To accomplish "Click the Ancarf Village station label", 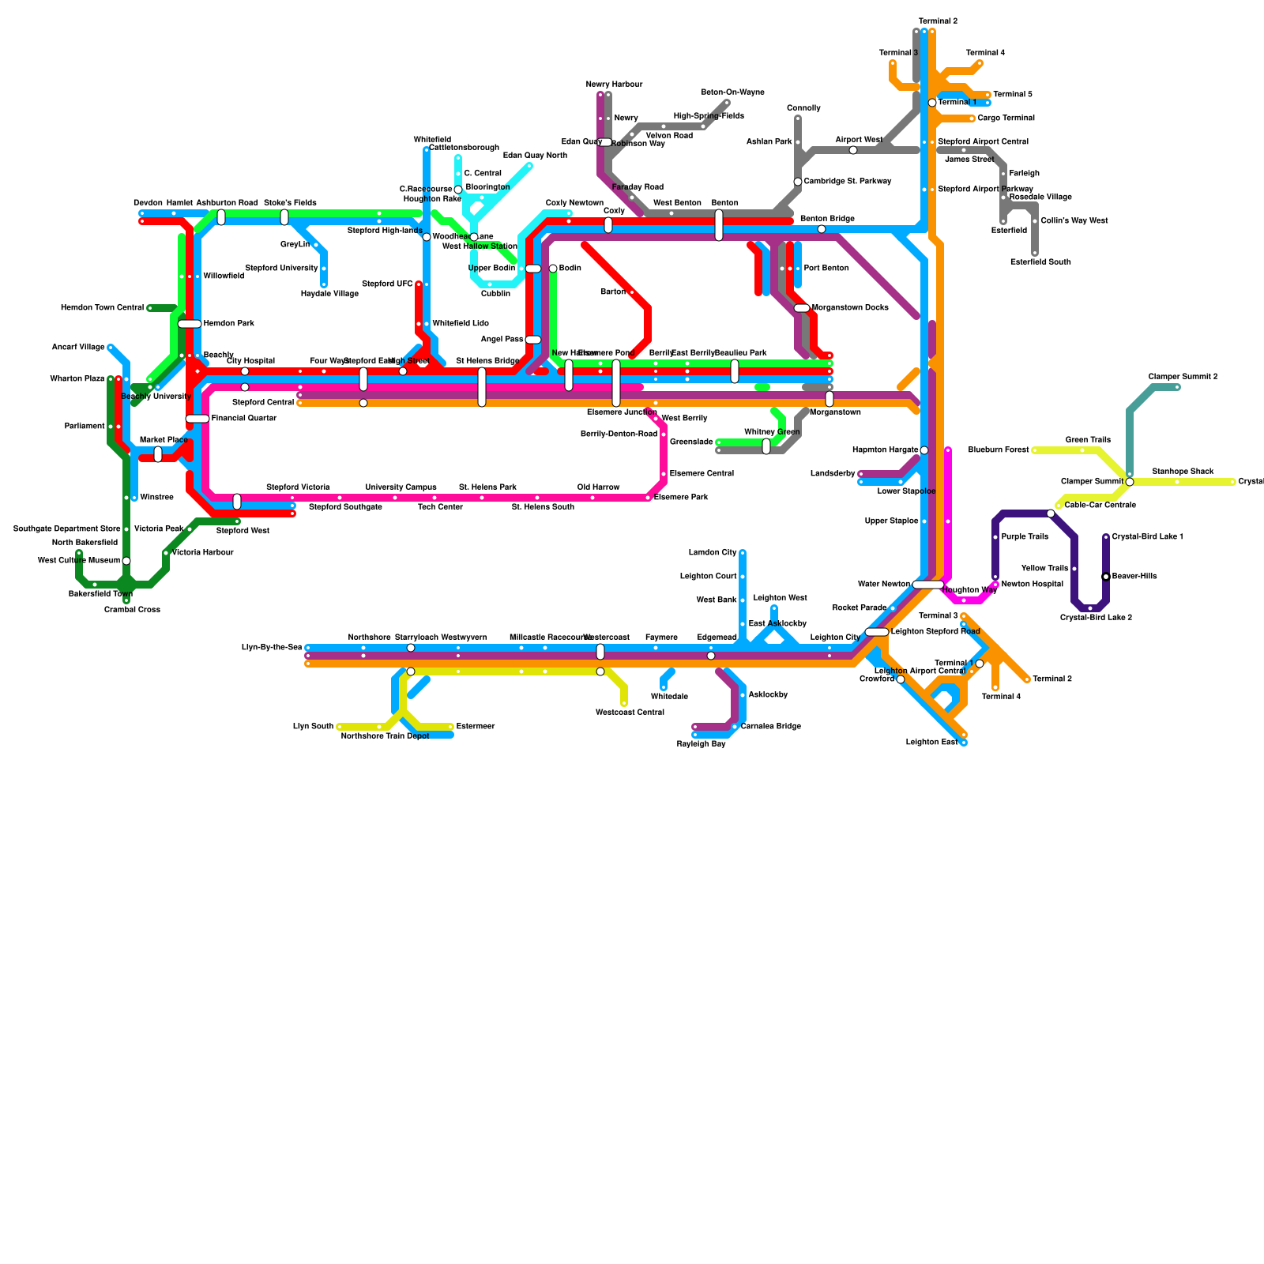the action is click(x=78, y=348).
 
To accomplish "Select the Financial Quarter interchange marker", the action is click(x=197, y=419).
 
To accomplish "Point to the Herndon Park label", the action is click(x=228, y=324).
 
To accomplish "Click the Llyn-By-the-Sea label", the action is click(x=272, y=648).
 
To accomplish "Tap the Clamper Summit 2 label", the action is click(x=1183, y=377).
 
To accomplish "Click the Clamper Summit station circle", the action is click(x=1130, y=482).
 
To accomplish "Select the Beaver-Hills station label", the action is click(x=1134, y=577).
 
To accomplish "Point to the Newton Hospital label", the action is click(x=1032, y=585).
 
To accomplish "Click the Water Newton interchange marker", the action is click(x=928, y=585).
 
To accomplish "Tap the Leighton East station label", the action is click(x=931, y=743).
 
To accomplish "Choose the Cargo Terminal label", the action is click(x=1006, y=118).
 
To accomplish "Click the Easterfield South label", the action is click(x=1040, y=262).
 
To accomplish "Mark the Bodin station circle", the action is click(x=553, y=269).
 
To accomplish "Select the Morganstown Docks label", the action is click(x=850, y=308).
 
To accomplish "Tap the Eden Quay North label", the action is click(x=535, y=156).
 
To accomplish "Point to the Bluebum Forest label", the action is click(x=1004, y=450).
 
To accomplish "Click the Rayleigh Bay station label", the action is click(x=701, y=744).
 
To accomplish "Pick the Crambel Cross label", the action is click(x=132, y=610).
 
